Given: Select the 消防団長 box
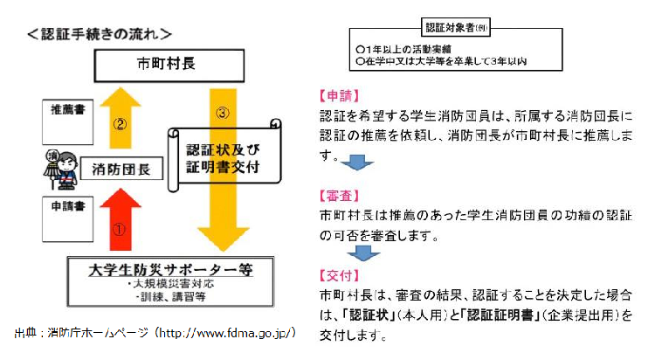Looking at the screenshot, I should pos(120,167).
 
